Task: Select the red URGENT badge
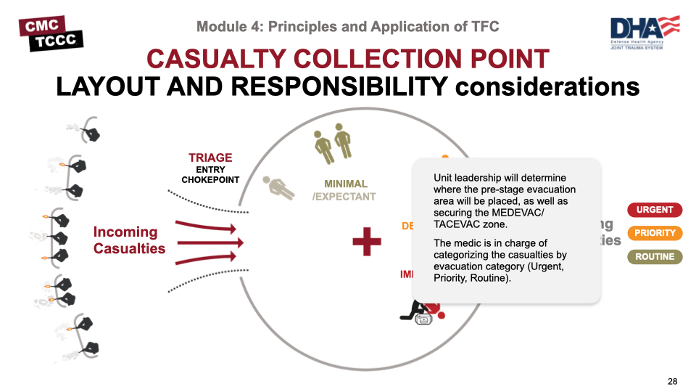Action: pyautogui.click(x=655, y=210)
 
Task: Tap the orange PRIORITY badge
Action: pyautogui.click(x=655, y=233)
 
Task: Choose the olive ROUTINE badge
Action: pyautogui.click(x=655, y=256)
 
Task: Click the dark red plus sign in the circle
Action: pyautogui.click(x=367, y=241)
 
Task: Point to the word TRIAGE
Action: pyautogui.click(x=210, y=158)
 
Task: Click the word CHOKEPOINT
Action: pyautogui.click(x=210, y=180)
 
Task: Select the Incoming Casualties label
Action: pyautogui.click(x=129, y=240)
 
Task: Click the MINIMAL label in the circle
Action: pyautogui.click(x=346, y=184)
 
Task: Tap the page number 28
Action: pyautogui.click(x=673, y=381)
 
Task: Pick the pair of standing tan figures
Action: pyautogui.click(x=333, y=142)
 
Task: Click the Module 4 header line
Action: pyautogui.click(x=347, y=27)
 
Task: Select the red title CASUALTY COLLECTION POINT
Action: pyautogui.click(x=347, y=58)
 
